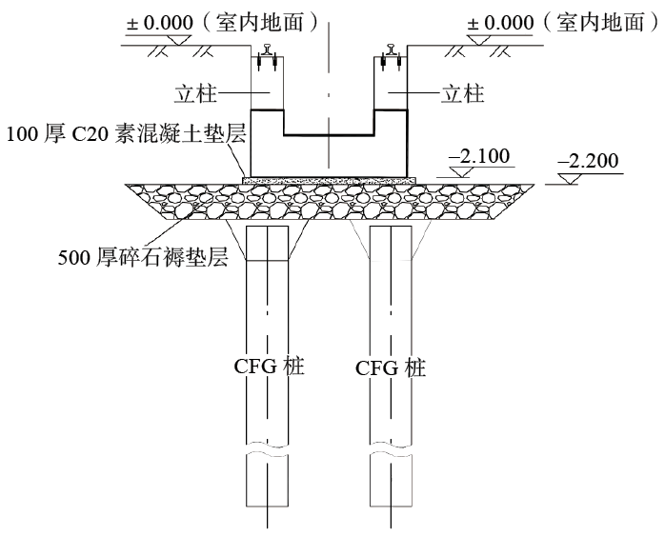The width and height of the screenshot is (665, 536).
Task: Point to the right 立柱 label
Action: [x=464, y=93]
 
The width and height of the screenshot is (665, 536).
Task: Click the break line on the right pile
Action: [x=391, y=456]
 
